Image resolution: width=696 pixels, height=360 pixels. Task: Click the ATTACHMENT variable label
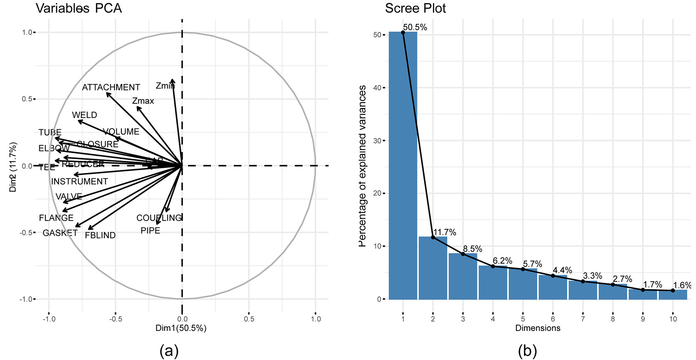click(111, 87)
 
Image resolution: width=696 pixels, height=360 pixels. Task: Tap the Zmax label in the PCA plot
click(143, 101)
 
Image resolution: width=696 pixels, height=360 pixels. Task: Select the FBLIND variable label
click(100, 235)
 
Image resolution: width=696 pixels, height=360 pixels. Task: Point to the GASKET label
click(60, 233)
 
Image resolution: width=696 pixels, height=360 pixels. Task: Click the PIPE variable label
click(150, 231)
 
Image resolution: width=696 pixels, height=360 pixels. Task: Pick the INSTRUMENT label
click(79, 182)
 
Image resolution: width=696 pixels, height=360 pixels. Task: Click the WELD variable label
click(84, 115)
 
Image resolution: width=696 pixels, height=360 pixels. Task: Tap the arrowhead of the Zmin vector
click(172, 80)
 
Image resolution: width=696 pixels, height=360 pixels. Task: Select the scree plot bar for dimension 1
click(403, 165)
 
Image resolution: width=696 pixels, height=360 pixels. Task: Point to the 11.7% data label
click(445, 233)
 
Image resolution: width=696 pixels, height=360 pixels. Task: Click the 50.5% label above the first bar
click(415, 28)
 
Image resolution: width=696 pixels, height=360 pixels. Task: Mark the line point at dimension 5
click(523, 269)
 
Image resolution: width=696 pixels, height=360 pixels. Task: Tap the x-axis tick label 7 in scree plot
click(583, 319)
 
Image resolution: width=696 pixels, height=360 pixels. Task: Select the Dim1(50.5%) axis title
click(181, 328)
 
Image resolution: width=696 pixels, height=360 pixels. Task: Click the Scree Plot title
click(415, 8)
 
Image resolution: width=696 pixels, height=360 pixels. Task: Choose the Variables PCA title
click(79, 8)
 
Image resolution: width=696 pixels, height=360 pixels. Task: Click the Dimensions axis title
click(538, 328)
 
